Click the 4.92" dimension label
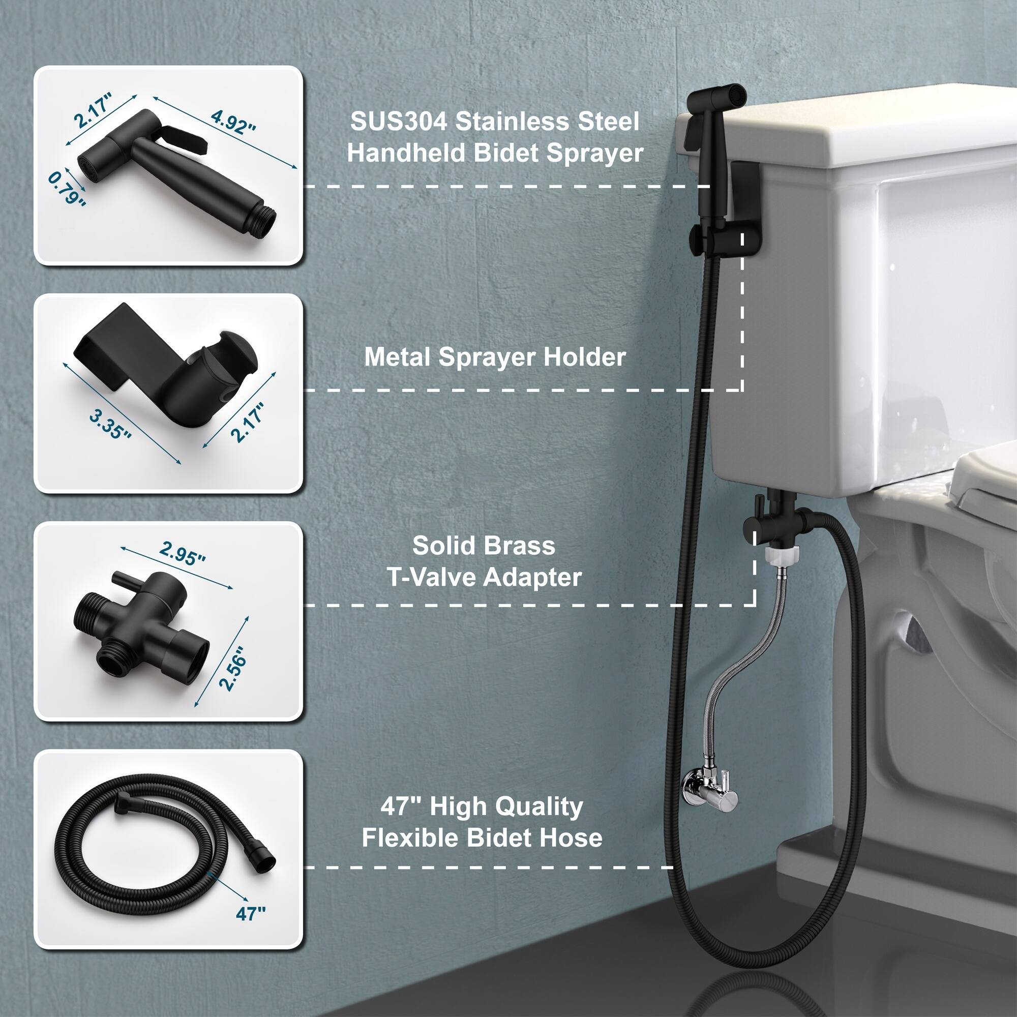coord(232,122)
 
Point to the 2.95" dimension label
coord(182,553)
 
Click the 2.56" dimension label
coord(233,668)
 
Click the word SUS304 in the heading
coord(399,122)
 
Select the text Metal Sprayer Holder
coord(495,357)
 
